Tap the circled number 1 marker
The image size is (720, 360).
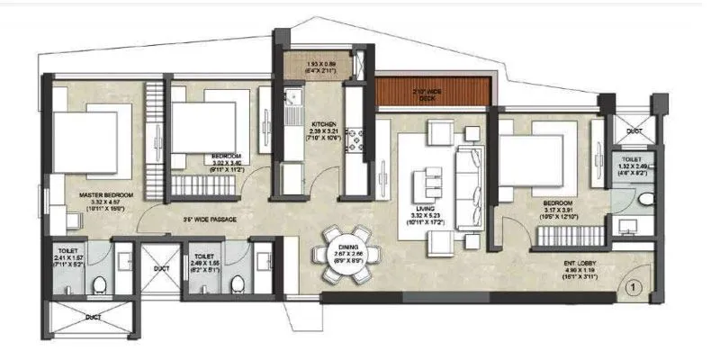(x=634, y=287)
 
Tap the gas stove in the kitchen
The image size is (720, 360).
(x=355, y=134)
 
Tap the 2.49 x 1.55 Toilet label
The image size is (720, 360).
(x=202, y=262)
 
